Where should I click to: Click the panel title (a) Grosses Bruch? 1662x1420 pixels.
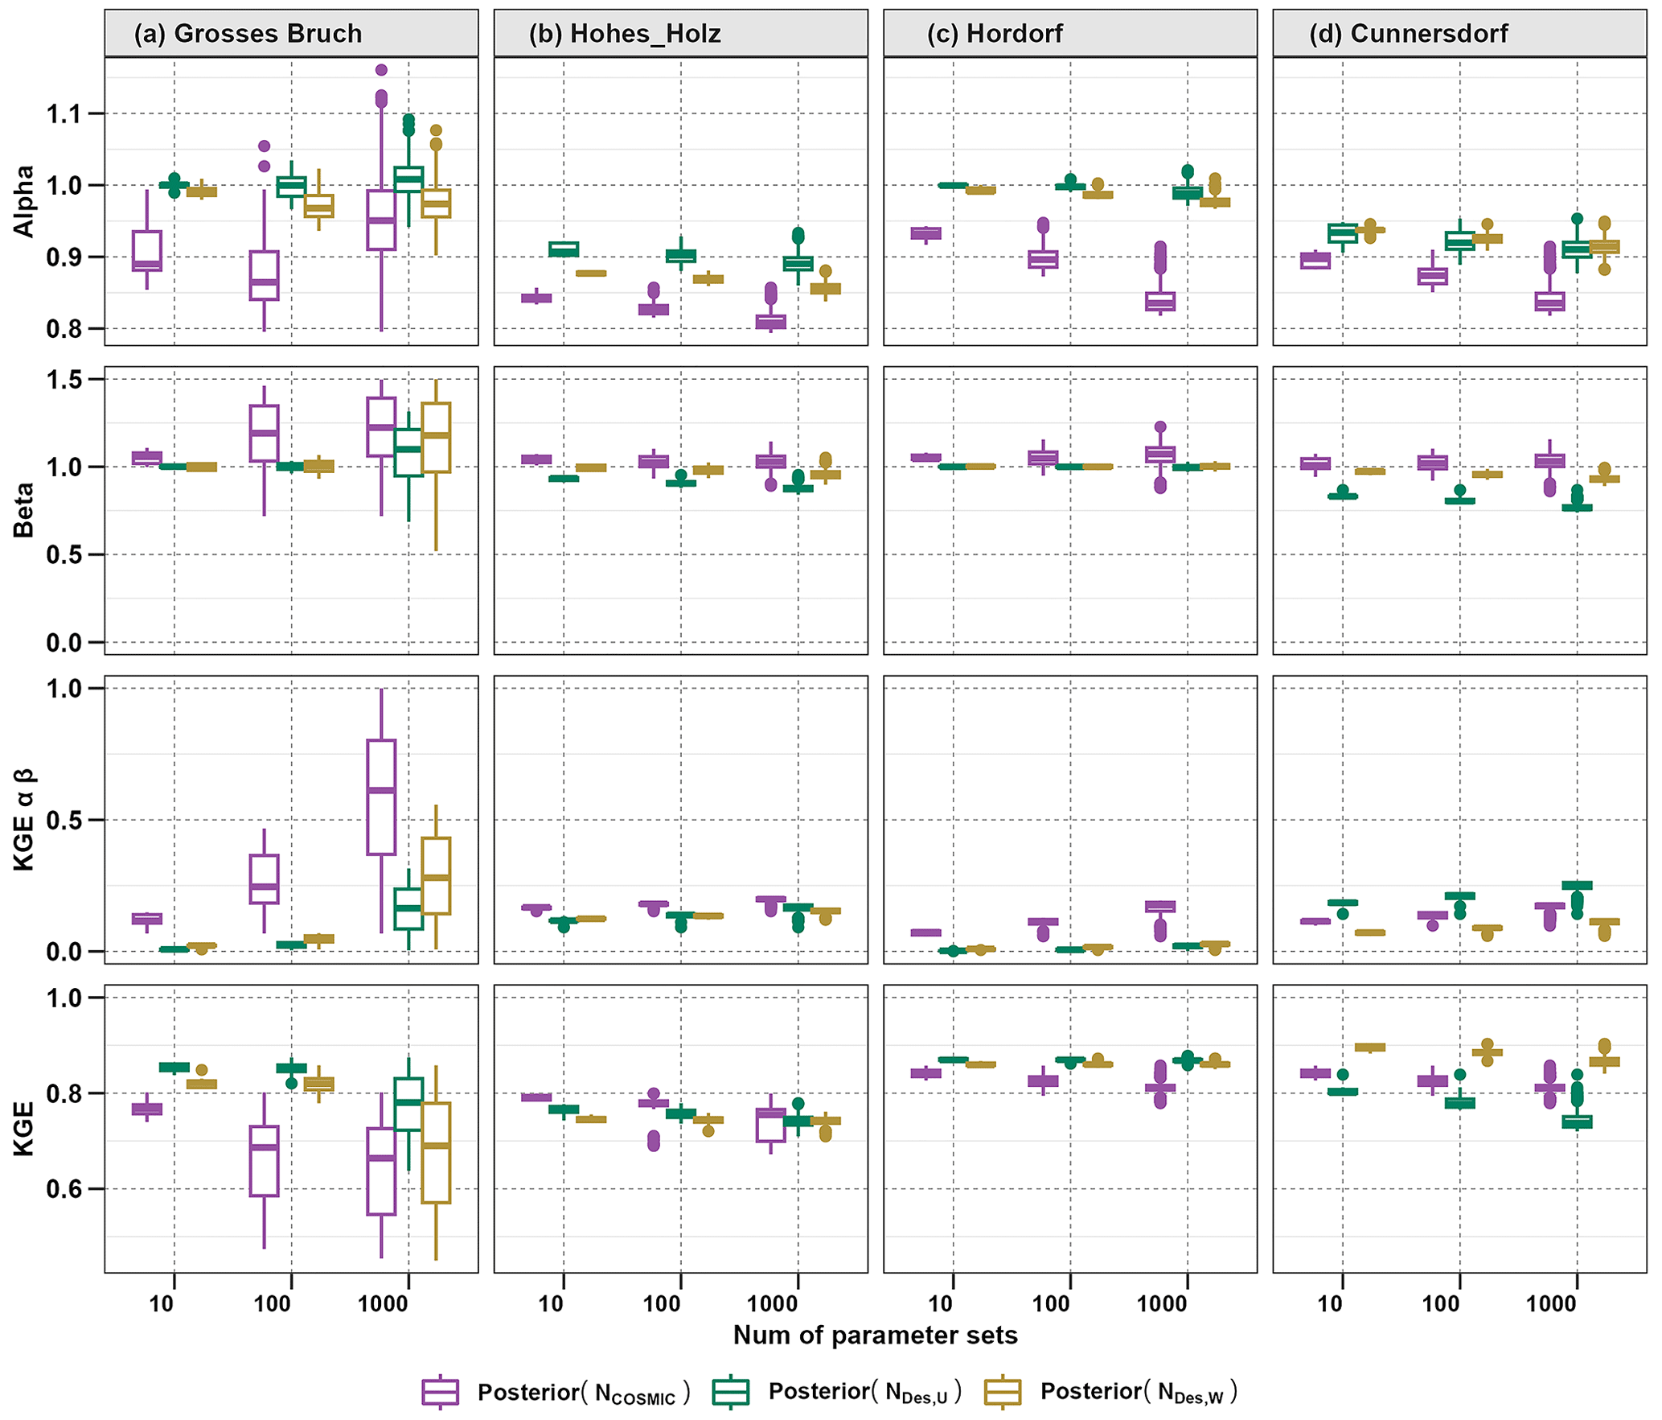point(248,34)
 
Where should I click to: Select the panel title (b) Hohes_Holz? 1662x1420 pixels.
point(625,34)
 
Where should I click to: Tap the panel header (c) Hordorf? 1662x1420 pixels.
point(995,34)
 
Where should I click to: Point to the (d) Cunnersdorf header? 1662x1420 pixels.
point(1409,34)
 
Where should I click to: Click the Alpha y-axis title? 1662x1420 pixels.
point(24,201)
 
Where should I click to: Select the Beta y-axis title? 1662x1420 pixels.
point(24,510)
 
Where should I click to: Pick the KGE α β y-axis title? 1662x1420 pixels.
point(24,819)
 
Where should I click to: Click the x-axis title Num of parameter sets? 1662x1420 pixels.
point(875,1335)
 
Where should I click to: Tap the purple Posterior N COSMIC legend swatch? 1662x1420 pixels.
point(440,1392)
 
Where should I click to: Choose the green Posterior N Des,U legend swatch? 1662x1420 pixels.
point(730,1392)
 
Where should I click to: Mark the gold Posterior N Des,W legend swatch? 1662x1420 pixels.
point(1003,1392)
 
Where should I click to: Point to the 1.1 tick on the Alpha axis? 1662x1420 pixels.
point(64,114)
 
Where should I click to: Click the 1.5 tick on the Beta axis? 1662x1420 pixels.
point(64,379)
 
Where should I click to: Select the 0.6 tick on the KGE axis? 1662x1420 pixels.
point(64,1189)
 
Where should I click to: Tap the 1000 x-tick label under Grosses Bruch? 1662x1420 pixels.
point(383,1303)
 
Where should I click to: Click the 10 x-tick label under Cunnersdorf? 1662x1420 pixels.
point(1330,1303)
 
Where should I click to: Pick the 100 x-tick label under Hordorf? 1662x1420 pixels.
point(1051,1303)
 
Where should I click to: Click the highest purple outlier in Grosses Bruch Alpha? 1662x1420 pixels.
point(381,70)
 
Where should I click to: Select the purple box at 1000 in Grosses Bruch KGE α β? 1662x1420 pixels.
point(381,796)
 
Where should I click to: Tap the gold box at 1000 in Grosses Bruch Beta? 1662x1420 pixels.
point(436,437)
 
